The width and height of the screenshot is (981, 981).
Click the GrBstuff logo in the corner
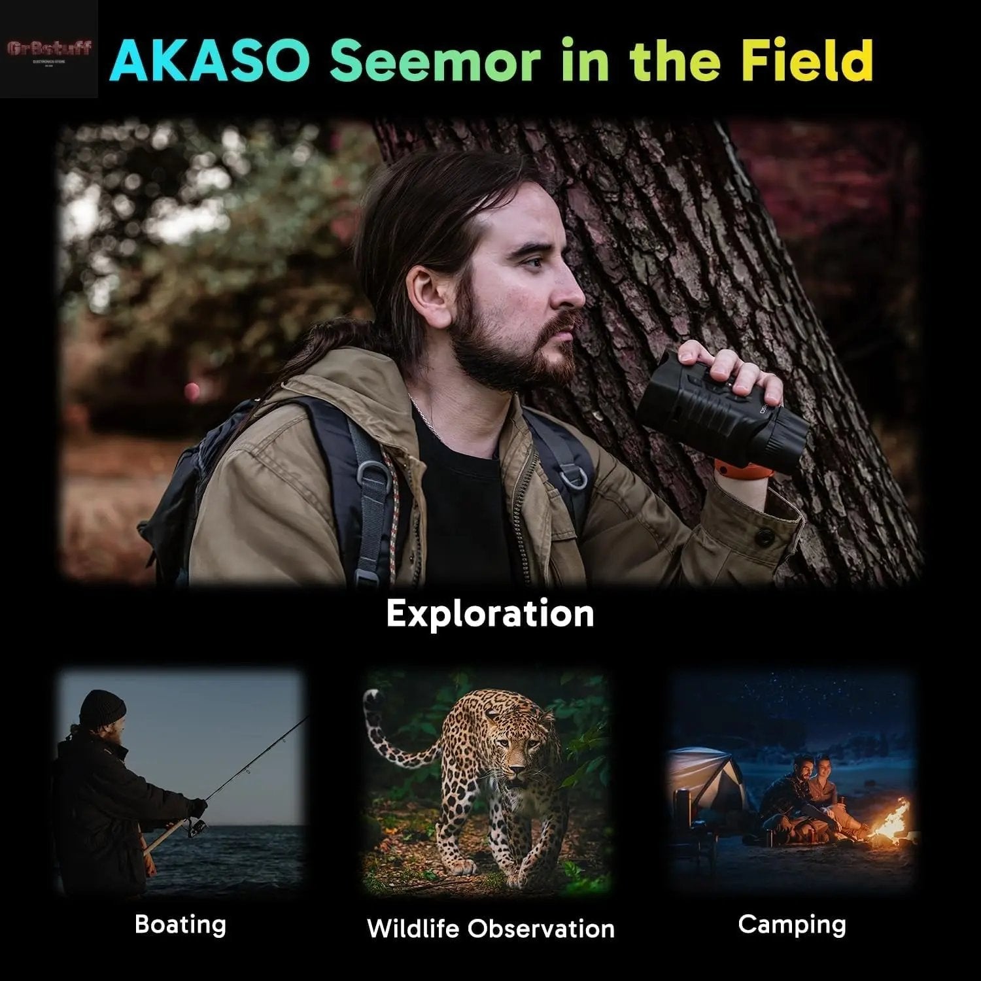(x=49, y=49)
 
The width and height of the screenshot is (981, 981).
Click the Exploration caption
(x=490, y=613)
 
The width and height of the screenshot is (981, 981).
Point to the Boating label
(x=181, y=924)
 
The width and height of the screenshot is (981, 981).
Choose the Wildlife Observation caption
(x=490, y=928)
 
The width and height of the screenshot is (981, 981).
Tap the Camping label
(x=792, y=924)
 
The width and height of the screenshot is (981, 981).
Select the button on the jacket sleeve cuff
(x=763, y=536)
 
